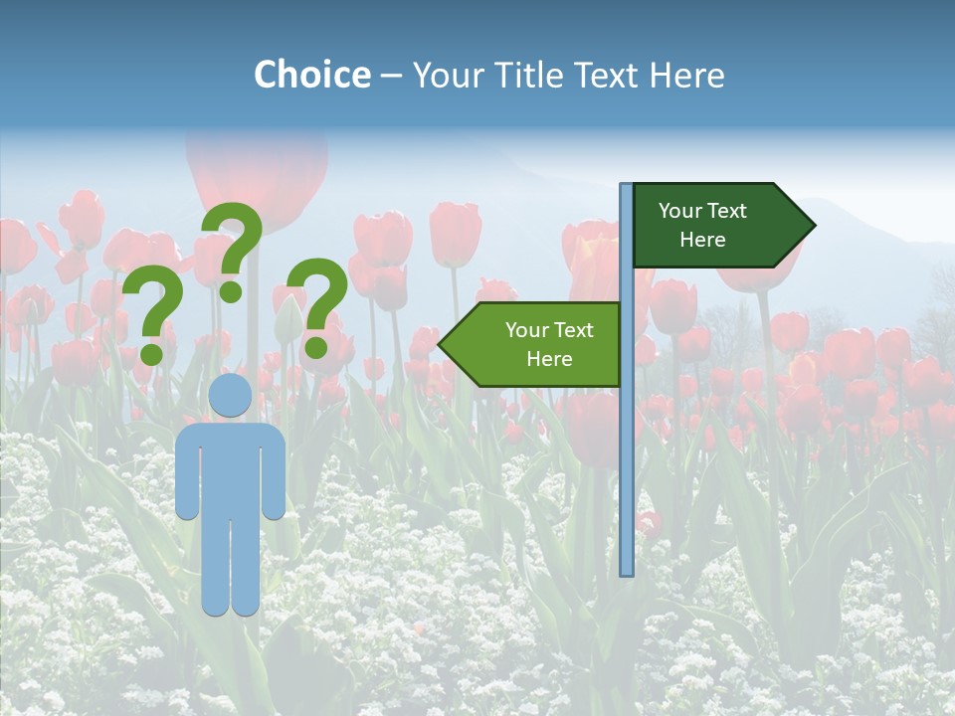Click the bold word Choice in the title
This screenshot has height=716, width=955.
311,75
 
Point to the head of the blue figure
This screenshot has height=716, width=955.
231,395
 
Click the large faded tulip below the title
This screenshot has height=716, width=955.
257,174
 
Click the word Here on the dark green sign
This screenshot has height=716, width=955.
702,240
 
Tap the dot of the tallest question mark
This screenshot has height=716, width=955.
231,291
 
